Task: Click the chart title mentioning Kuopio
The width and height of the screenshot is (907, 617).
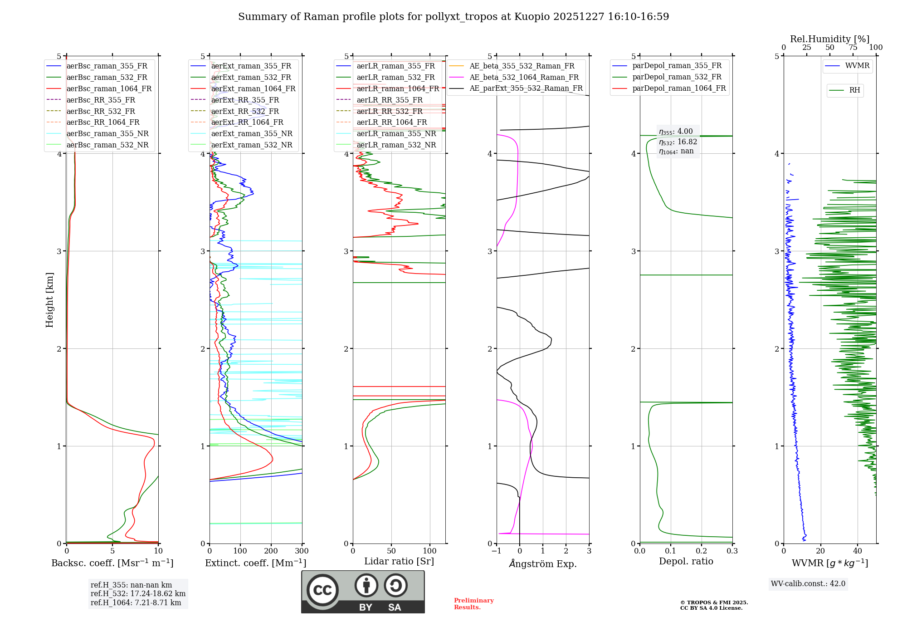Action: pyautogui.click(x=453, y=17)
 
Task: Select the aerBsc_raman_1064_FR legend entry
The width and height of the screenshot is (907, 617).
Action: pyautogui.click(x=109, y=88)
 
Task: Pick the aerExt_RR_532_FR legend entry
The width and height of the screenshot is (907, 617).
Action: pyautogui.click(x=245, y=111)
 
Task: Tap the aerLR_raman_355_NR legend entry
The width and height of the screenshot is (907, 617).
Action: pyautogui.click(x=396, y=133)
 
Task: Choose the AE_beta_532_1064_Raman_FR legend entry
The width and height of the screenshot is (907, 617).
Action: pyautogui.click(x=524, y=77)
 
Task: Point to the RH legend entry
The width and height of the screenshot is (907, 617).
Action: pyautogui.click(x=854, y=90)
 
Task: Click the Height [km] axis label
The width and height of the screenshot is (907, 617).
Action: pyautogui.click(x=49, y=300)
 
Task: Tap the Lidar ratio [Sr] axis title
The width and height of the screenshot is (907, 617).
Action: pyautogui.click(x=399, y=561)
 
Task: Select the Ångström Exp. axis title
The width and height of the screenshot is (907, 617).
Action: pyautogui.click(x=543, y=563)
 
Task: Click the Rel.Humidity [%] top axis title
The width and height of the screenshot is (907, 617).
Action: pyautogui.click(x=829, y=39)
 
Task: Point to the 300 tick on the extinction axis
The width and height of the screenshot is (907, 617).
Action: pyautogui.click(x=302, y=551)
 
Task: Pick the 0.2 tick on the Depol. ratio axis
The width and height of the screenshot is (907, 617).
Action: pyautogui.click(x=702, y=551)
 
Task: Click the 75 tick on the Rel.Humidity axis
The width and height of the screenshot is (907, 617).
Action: pyautogui.click(x=853, y=48)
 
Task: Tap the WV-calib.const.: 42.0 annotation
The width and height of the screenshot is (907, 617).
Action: pyautogui.click(x=808, y=583)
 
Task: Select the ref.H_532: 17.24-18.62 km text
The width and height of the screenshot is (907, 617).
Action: pyautogui.click(x=138, y=593)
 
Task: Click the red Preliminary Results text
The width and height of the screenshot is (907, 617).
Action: pyautogui.click(x=473, y=604)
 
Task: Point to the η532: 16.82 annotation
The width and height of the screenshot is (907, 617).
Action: pyautogui.click(x=678, y=142)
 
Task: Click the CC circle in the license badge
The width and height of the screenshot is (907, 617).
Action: pyautogui.click(x=322, y=590)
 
